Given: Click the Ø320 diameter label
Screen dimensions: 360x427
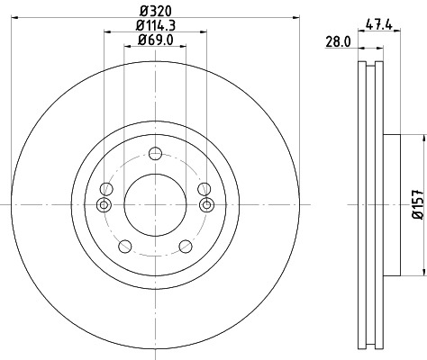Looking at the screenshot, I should (x=156, y=11).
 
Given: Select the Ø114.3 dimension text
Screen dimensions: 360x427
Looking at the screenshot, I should (x=156, y=24).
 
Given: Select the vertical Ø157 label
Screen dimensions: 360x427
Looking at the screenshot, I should (x=417, y=204).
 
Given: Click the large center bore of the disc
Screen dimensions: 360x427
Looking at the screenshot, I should (x=155, y=205).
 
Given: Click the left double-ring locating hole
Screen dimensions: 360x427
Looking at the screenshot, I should (x=104, y=205).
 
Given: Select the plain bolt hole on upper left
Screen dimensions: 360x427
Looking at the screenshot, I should (x=107, y=188).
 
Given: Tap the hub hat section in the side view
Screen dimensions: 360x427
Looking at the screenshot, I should (x=390, y=205).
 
